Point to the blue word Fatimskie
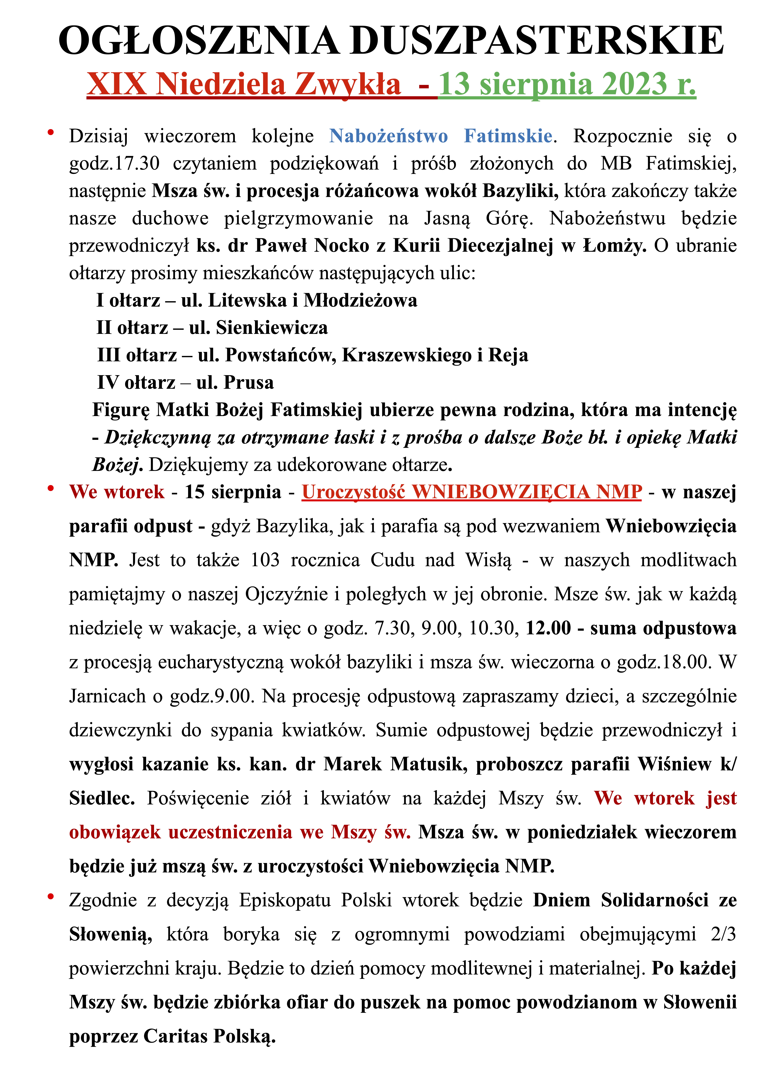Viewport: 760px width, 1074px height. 508,136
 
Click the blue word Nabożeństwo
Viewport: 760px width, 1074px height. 389,136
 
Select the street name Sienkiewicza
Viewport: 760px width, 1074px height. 272,328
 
